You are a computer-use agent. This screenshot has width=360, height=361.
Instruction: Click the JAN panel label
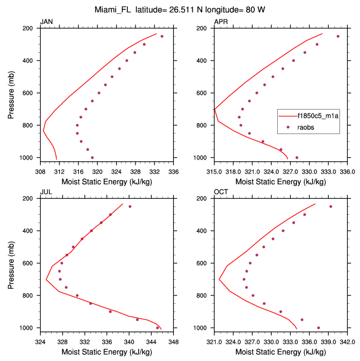(47, 22)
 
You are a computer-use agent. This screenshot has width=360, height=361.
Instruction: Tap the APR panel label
(221, 22)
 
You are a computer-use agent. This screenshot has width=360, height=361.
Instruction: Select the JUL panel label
(46, 192)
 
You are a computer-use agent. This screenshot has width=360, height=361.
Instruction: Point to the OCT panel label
(221, 192)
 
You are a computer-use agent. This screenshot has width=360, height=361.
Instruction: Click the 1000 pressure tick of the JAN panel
(28, 158)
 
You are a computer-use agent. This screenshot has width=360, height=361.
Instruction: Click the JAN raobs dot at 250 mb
(162, 36)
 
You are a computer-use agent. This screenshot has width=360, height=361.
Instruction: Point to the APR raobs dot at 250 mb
(338, 36)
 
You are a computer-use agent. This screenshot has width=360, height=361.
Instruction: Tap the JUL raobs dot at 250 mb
(130, 206)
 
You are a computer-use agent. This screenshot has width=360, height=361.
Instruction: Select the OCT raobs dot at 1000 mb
(318, 328)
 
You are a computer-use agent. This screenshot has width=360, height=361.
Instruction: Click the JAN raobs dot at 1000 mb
(92, 157)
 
